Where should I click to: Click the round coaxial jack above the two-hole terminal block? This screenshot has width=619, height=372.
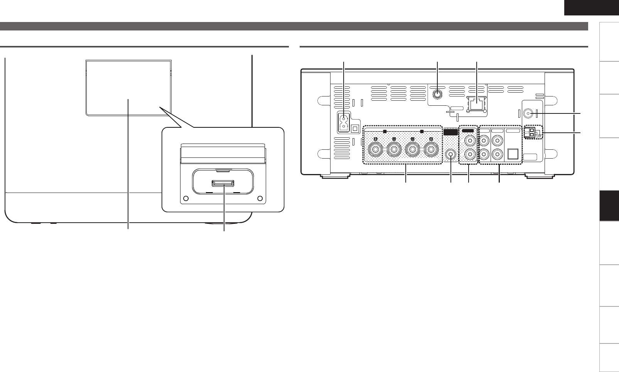[x=529, y=113]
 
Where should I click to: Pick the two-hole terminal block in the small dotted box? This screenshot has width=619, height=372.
[x=531, y=133]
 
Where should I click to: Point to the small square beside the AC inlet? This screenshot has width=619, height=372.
[x=356, y=127]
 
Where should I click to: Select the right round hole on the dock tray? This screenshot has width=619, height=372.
[x=260, y=198]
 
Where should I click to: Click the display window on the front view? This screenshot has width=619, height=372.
[x=128, y=87]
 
